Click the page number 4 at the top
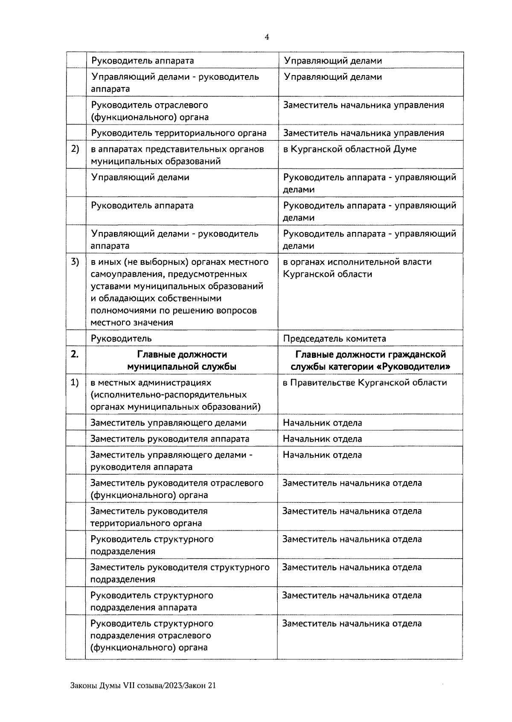coord(267,37)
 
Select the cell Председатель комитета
coord(335,339)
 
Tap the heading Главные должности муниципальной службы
coord(182,360)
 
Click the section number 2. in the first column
coord(75,354)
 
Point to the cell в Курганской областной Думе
coord(350,149)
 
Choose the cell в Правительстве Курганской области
coord(365,383)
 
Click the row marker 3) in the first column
coord(75,262)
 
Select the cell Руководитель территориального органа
coord(179,133)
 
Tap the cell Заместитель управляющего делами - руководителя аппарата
coord(171,461)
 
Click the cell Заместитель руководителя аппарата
coord(170,439)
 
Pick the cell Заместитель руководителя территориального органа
coord(148,517)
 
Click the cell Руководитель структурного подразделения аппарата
coord(151,601)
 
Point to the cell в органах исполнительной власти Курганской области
coord(357,268)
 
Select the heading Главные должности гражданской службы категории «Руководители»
coord(370,360)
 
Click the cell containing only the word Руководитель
coord(121,339)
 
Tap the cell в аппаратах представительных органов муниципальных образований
coord(177,155)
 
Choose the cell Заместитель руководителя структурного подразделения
coord(180,573)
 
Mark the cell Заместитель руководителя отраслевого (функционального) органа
coord(177,489)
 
